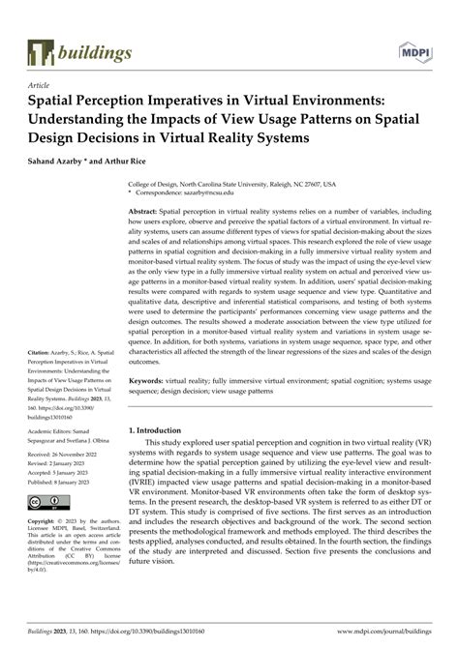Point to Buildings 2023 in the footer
point(57,630)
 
